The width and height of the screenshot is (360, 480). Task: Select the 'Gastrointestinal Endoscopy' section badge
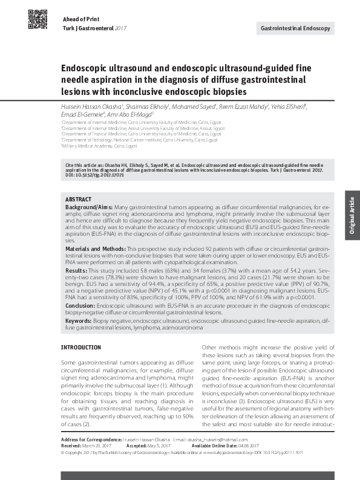[295, 28]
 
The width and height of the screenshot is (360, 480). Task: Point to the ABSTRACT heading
[78, 199]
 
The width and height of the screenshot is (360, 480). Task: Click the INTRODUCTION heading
[81, 348]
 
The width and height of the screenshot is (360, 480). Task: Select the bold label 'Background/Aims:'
[87, 206]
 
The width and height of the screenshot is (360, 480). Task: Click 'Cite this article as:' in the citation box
[87, 164]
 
